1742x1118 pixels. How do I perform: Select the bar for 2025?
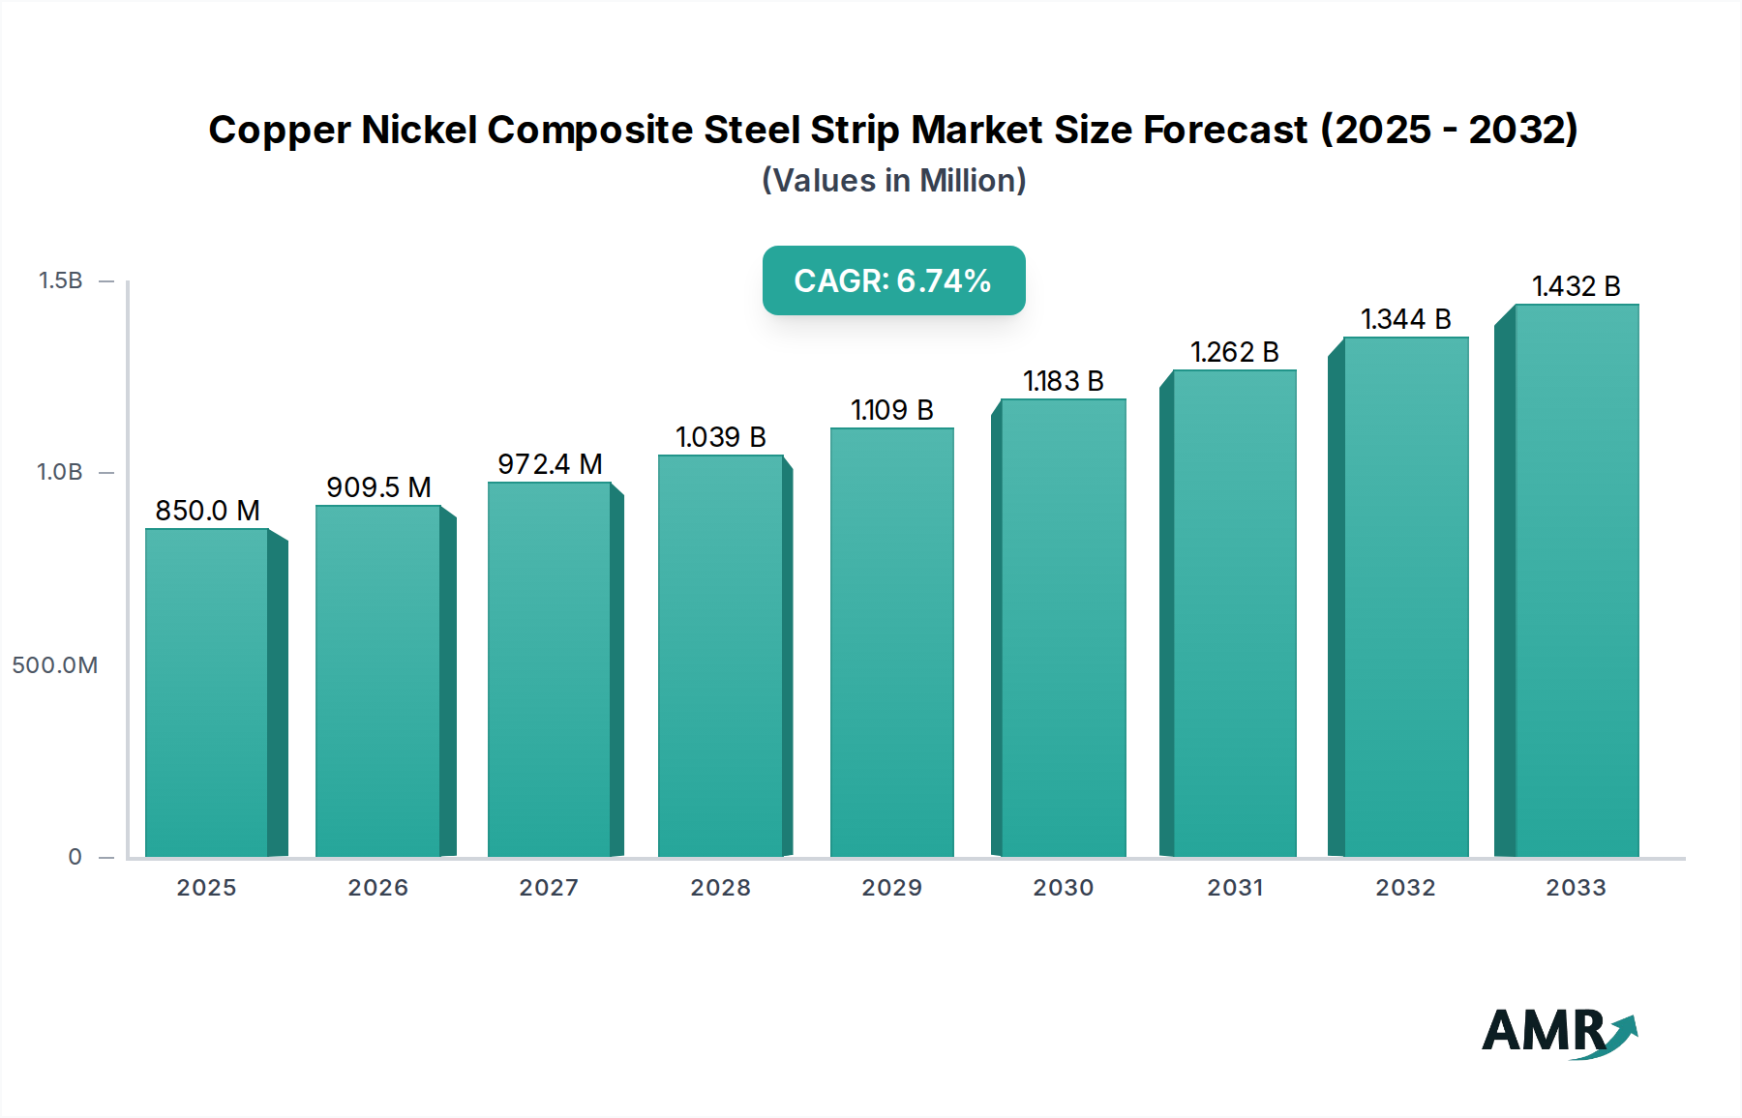207,692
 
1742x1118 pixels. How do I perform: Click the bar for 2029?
891,642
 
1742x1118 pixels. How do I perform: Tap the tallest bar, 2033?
1577,580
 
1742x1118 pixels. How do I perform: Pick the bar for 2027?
549,669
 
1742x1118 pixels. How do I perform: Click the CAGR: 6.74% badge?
893,280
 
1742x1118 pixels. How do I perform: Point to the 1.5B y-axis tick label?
60,280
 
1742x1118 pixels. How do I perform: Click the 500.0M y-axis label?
55,665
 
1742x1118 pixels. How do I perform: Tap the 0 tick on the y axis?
75,857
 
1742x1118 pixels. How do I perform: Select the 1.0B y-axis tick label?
60,472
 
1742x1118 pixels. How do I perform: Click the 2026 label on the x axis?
377,888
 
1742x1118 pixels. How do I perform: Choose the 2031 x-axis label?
1235,888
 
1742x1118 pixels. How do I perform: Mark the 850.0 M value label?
207,511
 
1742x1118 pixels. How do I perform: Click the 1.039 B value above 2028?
720,437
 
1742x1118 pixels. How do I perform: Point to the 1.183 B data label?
1063,381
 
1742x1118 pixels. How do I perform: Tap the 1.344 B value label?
1405,319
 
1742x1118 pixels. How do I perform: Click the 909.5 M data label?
378,487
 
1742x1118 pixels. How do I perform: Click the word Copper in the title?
279,131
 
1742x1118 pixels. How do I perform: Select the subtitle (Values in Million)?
893,181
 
